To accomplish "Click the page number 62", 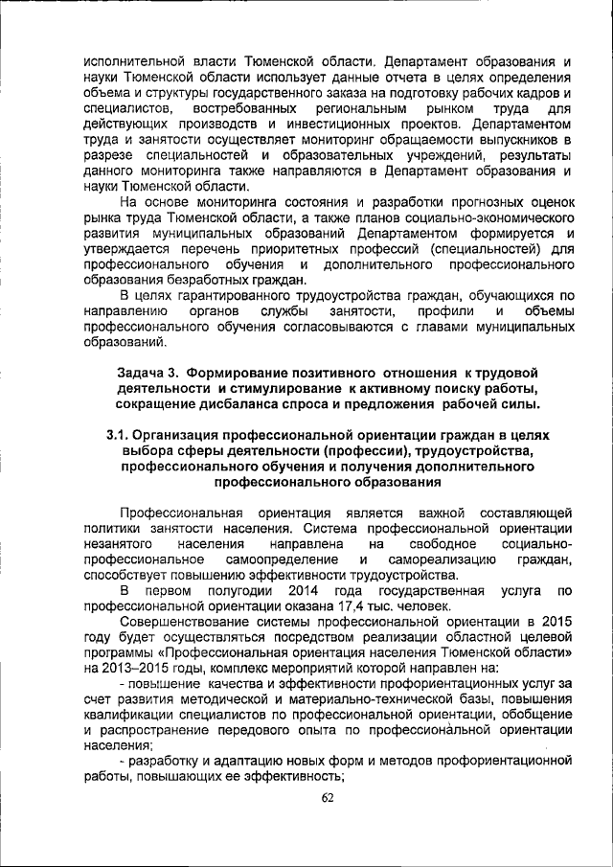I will click(328, 798).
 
